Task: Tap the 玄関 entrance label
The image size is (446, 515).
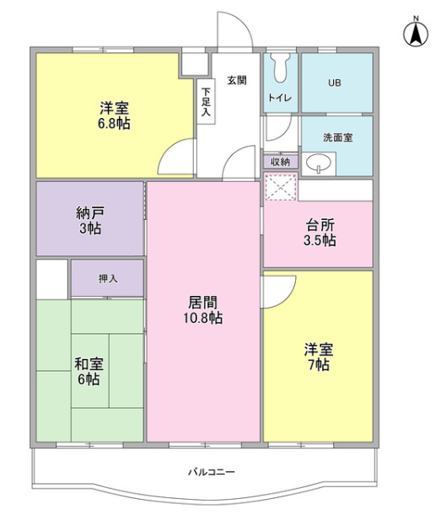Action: coord(235,81)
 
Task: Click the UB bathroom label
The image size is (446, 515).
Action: coord(335,83)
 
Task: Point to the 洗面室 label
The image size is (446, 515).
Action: coord(337,137)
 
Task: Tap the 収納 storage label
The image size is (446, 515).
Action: coord(280,161)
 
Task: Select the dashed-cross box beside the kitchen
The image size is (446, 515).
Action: coord(281,187)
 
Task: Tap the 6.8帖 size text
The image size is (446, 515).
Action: coord(114,123)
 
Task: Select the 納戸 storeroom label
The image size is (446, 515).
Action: coord(89,213)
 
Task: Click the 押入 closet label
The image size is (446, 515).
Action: coord(107,277)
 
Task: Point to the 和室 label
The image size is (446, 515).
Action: coord(89,364)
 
